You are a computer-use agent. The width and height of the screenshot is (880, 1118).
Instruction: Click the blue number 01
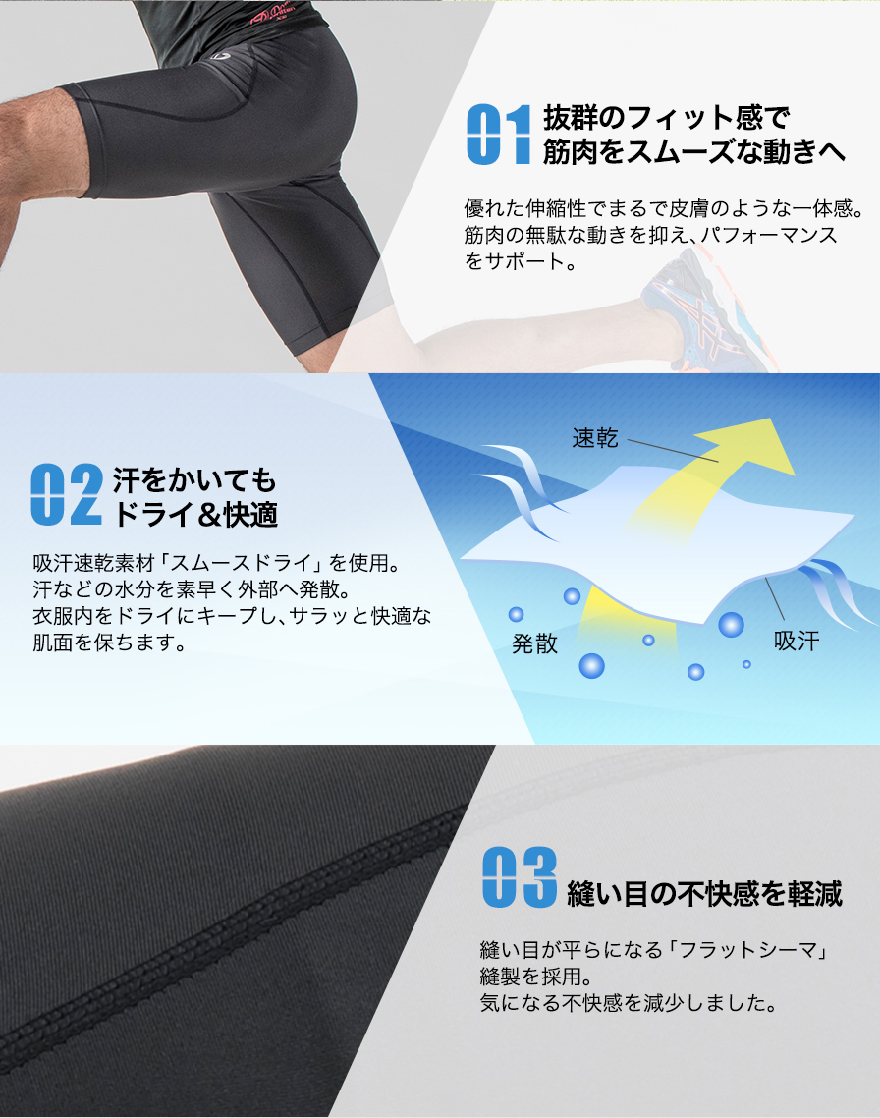tap(498, 135)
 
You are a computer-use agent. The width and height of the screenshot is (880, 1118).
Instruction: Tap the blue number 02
tap(66, 494)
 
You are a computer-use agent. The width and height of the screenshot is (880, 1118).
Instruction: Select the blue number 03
tap(519, 876)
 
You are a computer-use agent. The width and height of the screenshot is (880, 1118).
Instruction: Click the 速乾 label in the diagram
tap(595, 438)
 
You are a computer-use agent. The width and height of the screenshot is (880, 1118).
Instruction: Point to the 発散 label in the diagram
tap(534, 643)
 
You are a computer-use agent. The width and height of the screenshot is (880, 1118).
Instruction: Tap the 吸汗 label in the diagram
tap(796, 642)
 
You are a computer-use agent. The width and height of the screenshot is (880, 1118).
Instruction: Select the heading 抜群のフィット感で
tap(666, 120)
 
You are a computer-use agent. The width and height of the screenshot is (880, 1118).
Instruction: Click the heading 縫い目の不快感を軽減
tap(704, 893)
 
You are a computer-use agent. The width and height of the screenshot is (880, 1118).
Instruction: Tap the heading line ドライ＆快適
tap(195, 513)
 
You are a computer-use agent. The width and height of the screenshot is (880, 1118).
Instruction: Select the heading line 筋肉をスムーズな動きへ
tap(693, 152)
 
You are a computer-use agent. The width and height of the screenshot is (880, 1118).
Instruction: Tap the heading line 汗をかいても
tap(195, 480)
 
